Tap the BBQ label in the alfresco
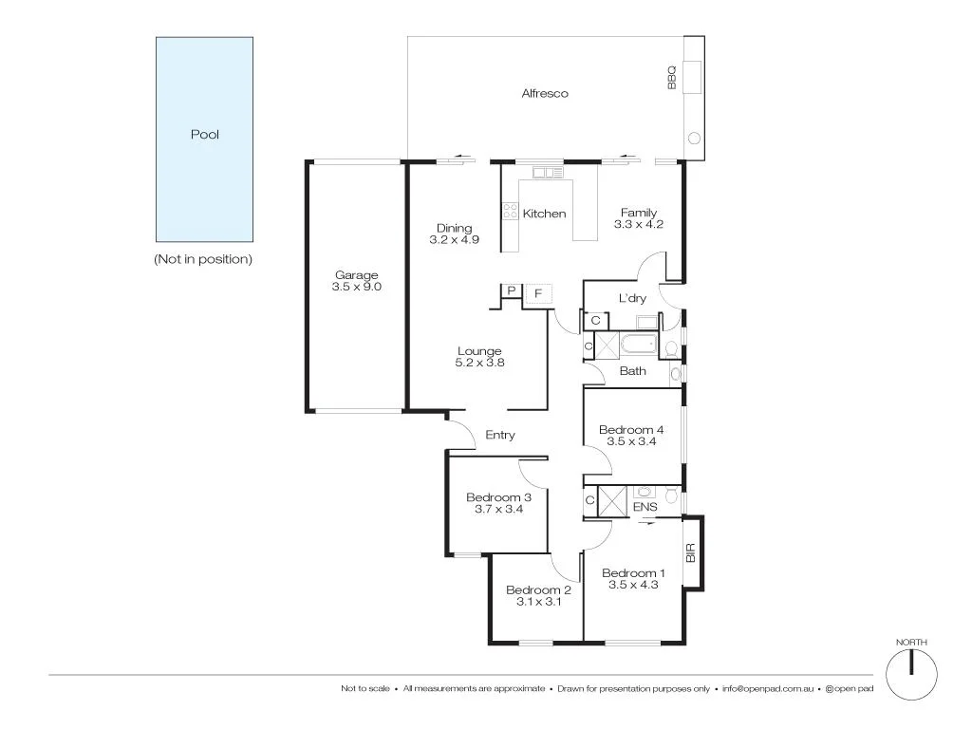tap(671, 77)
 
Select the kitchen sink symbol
tap(545, 173)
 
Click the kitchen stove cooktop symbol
tap(510, 211)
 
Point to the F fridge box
tap(538, 293)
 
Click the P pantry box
tap(511, 291)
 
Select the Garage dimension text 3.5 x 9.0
tap(356, 287)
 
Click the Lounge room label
tap(478, 351)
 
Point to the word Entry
tap(500, 435)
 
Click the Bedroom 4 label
tap(631, 430)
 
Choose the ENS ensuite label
tap(645, 507)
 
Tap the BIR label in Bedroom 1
tap(691, 552)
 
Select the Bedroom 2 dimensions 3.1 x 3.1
tap(537, 601)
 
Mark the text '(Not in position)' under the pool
tap(203, 259)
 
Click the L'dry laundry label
tap(632, 298)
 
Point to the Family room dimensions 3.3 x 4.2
tap(639, 225)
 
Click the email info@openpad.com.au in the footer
tap(767, 688)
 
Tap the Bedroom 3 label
tap(498, 497)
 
